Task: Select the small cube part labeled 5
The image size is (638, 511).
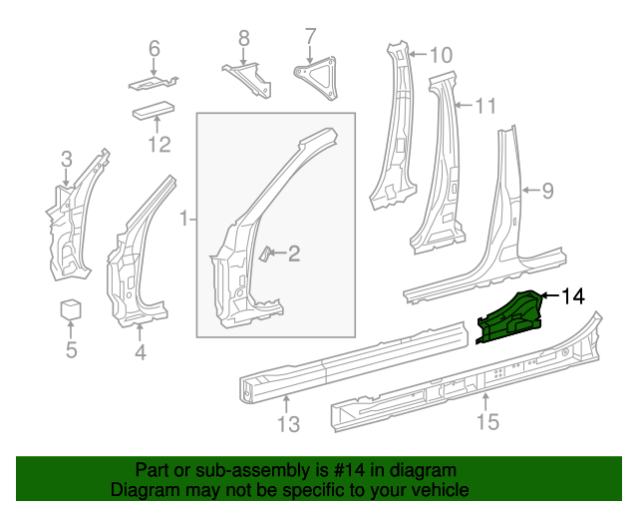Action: [71, 308]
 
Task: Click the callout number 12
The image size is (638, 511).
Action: [159, 146]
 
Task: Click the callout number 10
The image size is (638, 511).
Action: [440, 54]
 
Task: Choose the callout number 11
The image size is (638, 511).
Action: [484, 105]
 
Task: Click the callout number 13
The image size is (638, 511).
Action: [287, 427]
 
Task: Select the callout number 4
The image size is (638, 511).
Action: [140, 351]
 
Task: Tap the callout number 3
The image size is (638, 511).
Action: [66, 158]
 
